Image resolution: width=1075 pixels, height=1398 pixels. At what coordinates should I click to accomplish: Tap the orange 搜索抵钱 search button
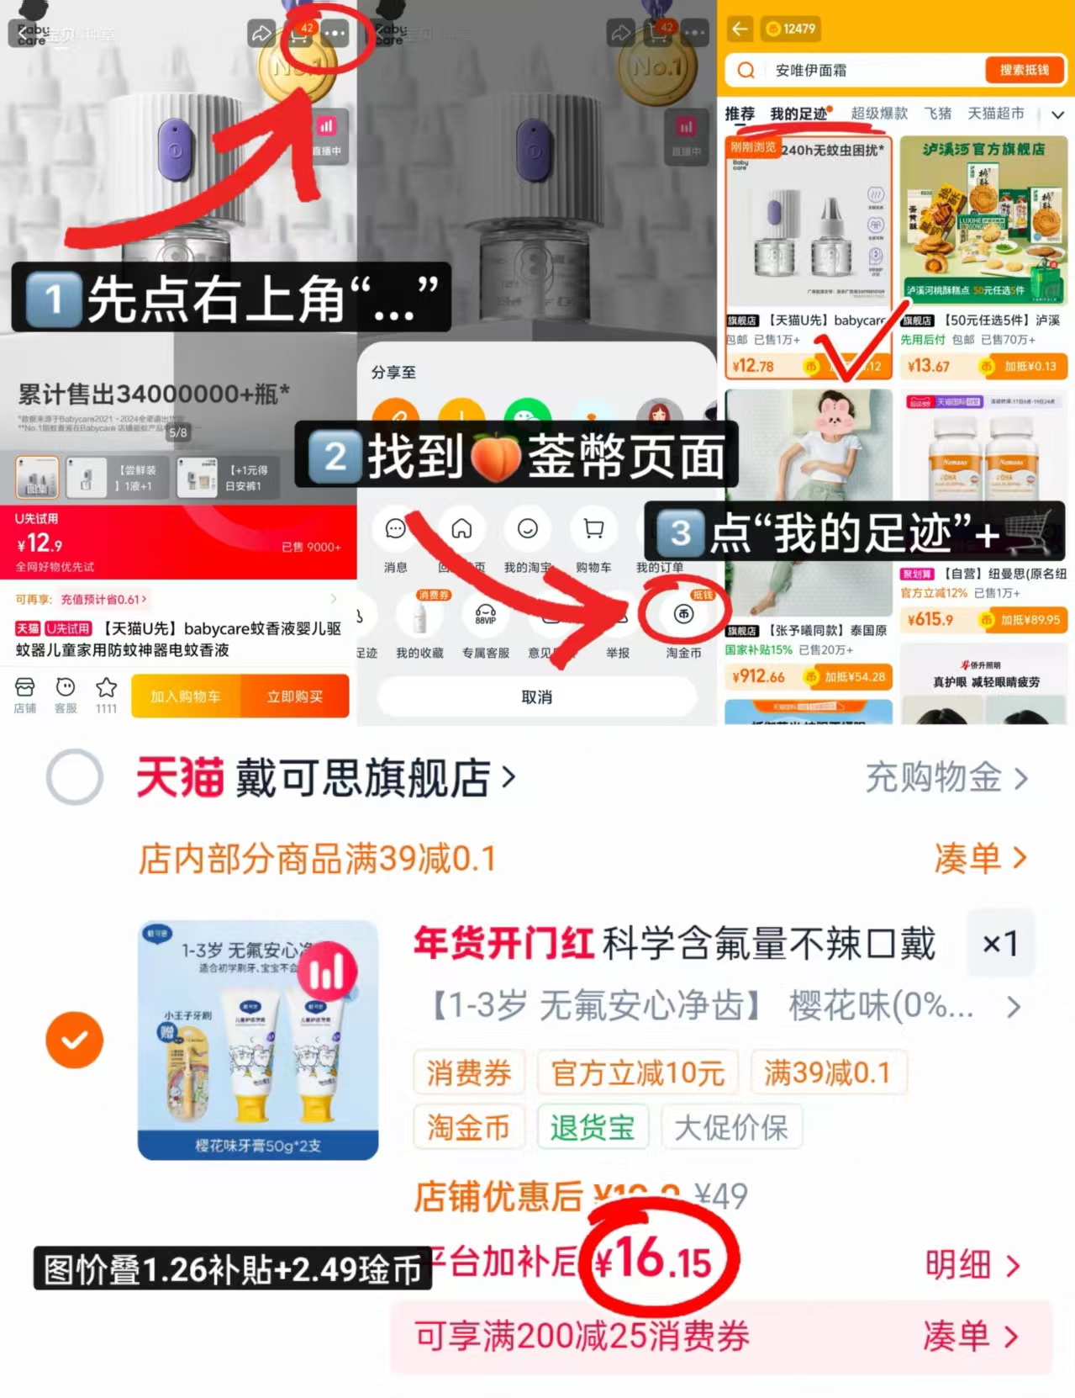coord(1024,70)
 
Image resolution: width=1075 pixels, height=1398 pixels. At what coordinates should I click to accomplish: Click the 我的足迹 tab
coord(798,114)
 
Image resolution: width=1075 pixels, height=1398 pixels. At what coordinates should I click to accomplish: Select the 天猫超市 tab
coord(995,114)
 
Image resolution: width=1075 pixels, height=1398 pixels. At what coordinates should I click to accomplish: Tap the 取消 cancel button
coord(536,696)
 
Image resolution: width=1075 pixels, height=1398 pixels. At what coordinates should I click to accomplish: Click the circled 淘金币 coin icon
coord(683,614)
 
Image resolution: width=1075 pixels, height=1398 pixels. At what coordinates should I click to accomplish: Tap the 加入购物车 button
coord(186,696)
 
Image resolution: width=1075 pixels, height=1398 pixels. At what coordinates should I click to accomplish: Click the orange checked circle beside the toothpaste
coord(75,1040)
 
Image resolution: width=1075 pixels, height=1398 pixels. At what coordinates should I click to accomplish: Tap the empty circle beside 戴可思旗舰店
coord(75,776)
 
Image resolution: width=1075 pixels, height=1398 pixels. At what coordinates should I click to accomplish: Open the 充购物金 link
coord(946,777)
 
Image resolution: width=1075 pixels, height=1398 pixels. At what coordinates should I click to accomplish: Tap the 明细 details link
coord(971,1264)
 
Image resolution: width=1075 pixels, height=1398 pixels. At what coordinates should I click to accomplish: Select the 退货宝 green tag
coord(593,1127)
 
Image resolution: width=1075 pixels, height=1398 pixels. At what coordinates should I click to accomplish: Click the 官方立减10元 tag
coord(637,1073)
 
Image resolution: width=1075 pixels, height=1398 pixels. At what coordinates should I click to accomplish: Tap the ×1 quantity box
coord(1000,943)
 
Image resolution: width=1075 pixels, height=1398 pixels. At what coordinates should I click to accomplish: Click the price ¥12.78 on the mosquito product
coord(753,366)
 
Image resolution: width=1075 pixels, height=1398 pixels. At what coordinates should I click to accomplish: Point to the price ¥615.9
coord(930,620)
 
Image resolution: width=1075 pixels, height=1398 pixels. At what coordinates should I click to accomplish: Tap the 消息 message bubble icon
coord(395,529)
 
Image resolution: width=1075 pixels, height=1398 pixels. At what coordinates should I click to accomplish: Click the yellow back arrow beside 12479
coord(740,29)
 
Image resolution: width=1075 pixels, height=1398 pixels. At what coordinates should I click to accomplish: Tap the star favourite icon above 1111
coord(106,688)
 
